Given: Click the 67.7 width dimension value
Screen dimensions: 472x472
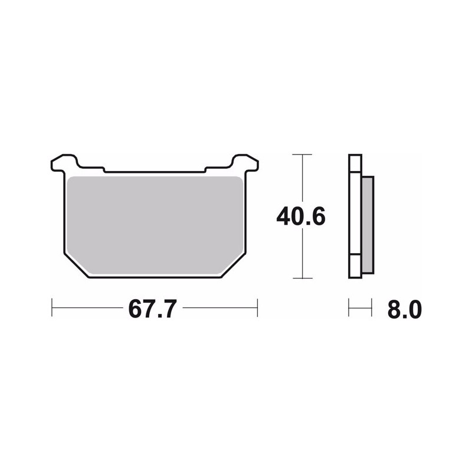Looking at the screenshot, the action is [152, 309].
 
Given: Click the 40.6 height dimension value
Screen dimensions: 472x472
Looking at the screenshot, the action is [301, 217].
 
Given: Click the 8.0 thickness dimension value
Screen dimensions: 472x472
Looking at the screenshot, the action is [405, 309].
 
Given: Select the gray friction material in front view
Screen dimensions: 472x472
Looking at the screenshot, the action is [155, 225].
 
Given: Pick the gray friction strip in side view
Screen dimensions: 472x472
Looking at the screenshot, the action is [368, 225].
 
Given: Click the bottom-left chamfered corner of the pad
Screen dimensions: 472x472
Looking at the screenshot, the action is [77, 265].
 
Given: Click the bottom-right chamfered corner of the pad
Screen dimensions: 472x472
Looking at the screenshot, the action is [234, 265].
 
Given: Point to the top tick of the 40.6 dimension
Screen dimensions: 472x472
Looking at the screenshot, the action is [302, 155].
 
